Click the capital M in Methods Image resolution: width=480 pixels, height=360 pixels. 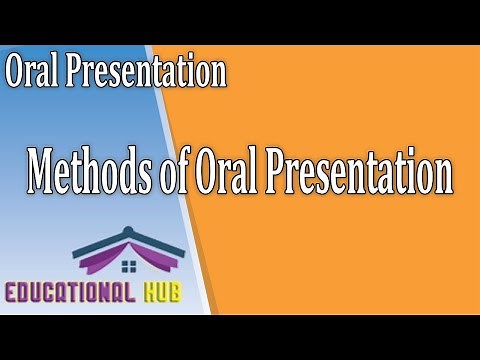pyautogui.click(x=43, y=171)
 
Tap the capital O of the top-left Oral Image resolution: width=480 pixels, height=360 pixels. pyautogui.click(x=17, y=72)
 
